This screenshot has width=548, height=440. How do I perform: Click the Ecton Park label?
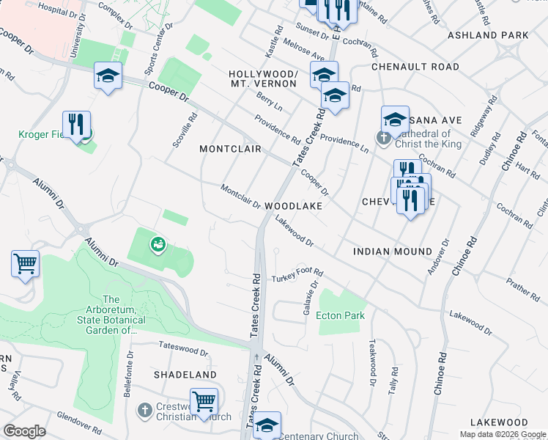pos(340,316)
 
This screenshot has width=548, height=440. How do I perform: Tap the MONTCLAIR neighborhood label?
pos(231,149)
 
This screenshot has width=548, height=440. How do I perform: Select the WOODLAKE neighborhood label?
pos(293,207)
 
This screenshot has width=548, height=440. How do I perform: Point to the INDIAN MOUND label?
pos(392,252)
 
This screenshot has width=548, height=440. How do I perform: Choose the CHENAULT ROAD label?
pos(415,67)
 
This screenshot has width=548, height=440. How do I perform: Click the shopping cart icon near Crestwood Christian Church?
pos(204,402)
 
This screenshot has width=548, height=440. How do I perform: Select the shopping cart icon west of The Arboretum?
pos(26,263)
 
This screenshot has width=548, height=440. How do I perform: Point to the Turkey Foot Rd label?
pos(297,277)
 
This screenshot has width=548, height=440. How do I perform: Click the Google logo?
pos(24,431)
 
